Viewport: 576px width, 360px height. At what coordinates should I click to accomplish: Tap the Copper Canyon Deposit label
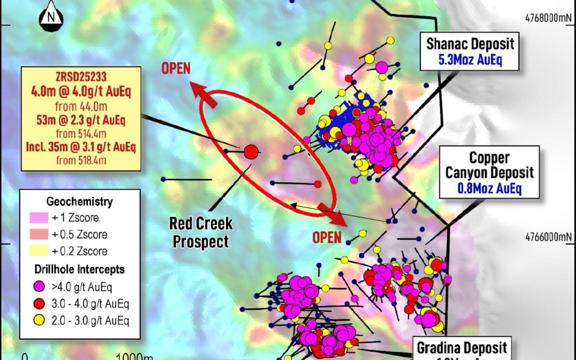click(x=489, y=165)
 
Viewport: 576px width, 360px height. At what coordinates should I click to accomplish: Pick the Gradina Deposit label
click(x=462, y=348)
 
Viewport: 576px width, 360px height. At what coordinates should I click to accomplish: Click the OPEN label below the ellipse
click(x=327, y=237)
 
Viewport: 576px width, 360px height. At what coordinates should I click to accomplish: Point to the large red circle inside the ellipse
click(x=251, y=152)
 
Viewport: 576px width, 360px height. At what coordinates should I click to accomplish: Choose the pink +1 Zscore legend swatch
click(x=38, y=218)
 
